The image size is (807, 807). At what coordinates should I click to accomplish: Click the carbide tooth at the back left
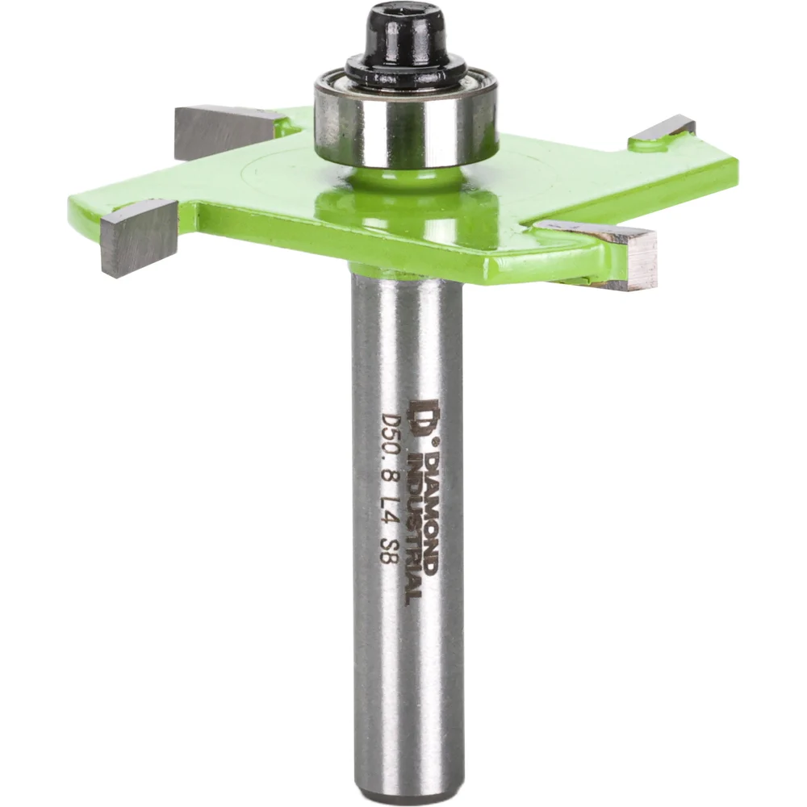227,132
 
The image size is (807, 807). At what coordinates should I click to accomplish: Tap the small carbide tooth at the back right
663,128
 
